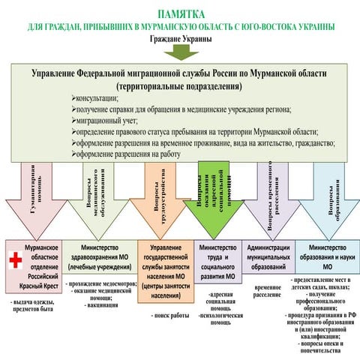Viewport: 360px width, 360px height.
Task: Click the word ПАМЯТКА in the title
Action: click(180, 14)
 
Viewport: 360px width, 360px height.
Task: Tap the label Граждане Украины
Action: click(180, 38)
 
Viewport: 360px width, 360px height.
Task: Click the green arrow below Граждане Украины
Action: click(180, 52)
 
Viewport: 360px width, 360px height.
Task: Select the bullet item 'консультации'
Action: click(94, 98)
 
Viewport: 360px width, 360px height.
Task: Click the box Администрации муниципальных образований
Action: click(268, 256)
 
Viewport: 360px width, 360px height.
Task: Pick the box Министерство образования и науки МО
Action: click(327, 256)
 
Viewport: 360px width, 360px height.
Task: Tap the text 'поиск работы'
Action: click(170, 316)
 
